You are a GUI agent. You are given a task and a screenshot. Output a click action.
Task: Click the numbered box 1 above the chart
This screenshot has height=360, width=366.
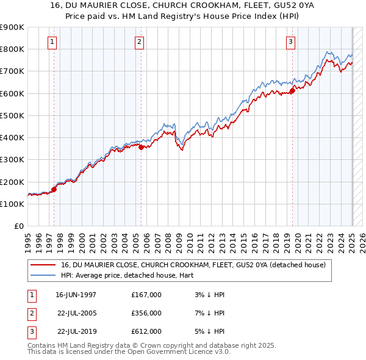52,42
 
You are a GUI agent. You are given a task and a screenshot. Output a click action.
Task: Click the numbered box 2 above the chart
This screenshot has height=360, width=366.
140,42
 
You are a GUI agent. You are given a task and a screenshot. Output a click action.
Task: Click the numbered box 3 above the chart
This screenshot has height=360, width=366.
291,42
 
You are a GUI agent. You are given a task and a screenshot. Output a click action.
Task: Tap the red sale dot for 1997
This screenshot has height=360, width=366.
54,189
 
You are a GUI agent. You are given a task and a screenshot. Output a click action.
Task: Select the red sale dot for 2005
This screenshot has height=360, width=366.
141,147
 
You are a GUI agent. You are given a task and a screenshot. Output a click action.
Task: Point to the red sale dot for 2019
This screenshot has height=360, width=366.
292,90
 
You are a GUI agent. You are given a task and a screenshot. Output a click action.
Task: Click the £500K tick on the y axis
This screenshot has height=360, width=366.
12,115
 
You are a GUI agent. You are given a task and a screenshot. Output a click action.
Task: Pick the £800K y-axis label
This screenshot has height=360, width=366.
12,49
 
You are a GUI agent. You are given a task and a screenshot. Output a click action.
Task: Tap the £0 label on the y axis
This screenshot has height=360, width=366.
18,226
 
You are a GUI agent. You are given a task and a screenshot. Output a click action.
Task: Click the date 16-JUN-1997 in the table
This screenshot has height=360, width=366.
76,295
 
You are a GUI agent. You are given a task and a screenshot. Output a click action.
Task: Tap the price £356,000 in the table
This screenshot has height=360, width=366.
146,313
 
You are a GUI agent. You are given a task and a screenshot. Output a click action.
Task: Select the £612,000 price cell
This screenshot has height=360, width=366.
146,331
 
